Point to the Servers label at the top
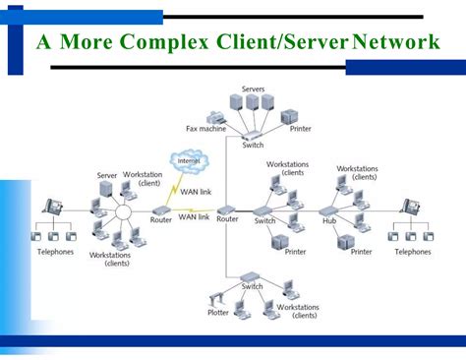point(253,90)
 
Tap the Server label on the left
point(107,175)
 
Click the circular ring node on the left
point(123,212)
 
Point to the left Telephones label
point(55,252)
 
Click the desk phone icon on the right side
point(411,208)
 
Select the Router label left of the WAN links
point(161,220)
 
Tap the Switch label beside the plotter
point(254,286)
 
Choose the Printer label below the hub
point(362,252)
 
